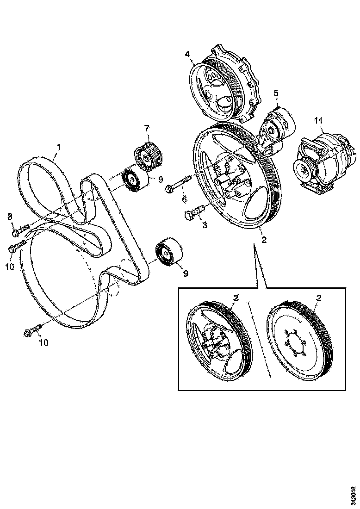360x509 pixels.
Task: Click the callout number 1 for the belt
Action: click(x=59, y=147)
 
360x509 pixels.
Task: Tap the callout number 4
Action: click(x=187, y=54)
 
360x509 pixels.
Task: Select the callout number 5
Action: click(x=276, y=93)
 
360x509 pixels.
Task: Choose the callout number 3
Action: click(x=205, y=225)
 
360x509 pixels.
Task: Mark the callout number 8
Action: click(x=10, y=216)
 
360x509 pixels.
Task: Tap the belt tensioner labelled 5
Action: click(x=276, y=131)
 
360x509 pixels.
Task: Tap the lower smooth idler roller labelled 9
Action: click(x=169, y=253)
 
